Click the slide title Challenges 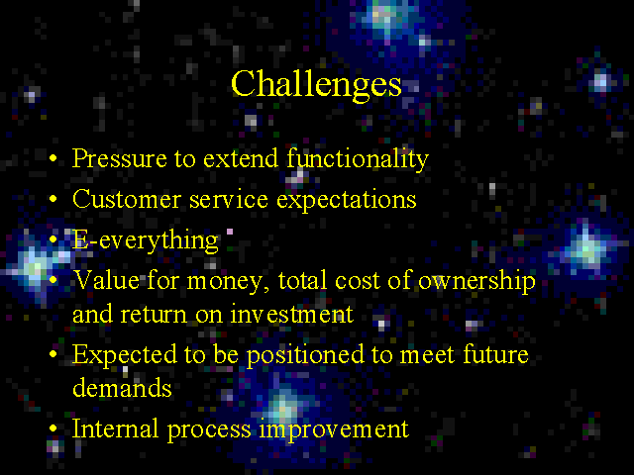point(316,86)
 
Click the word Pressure point(119,158)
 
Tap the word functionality point(358,159)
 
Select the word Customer point(126,199)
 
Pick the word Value point(106,279)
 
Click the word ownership point(476,281)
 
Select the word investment point(291,314)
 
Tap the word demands point(122,387)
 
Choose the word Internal point(115,428)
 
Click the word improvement point(334,429)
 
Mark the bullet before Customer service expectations point(53,199)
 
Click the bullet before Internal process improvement point(53,428)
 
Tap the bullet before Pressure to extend point(53,158)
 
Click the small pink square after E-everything point(230,232)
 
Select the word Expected point(125,355)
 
